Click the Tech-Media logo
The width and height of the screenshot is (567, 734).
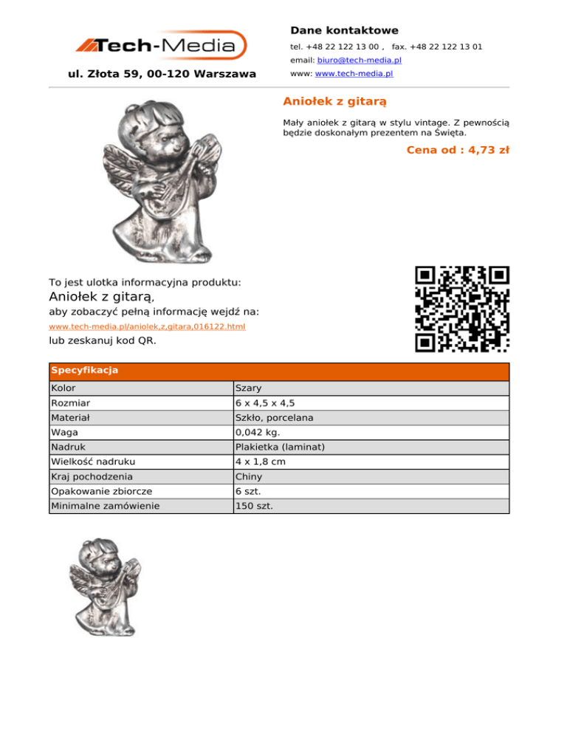[161, 46]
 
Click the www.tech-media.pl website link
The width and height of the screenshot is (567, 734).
[354, 74]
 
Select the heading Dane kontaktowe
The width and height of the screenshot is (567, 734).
[344, 30]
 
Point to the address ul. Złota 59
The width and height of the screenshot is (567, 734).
[162, 74]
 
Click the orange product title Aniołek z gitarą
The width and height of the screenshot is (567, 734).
[335, 100]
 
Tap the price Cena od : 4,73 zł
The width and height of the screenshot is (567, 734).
[458, 150]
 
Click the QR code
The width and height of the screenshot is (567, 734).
[462, 309]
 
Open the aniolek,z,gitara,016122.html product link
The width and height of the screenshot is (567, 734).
[147, 326]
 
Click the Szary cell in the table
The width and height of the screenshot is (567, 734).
[248, 388]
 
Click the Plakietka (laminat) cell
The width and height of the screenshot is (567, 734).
[280, 447]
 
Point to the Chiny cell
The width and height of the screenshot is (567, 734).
[249, 477]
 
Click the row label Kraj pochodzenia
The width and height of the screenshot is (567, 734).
[92, 477]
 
